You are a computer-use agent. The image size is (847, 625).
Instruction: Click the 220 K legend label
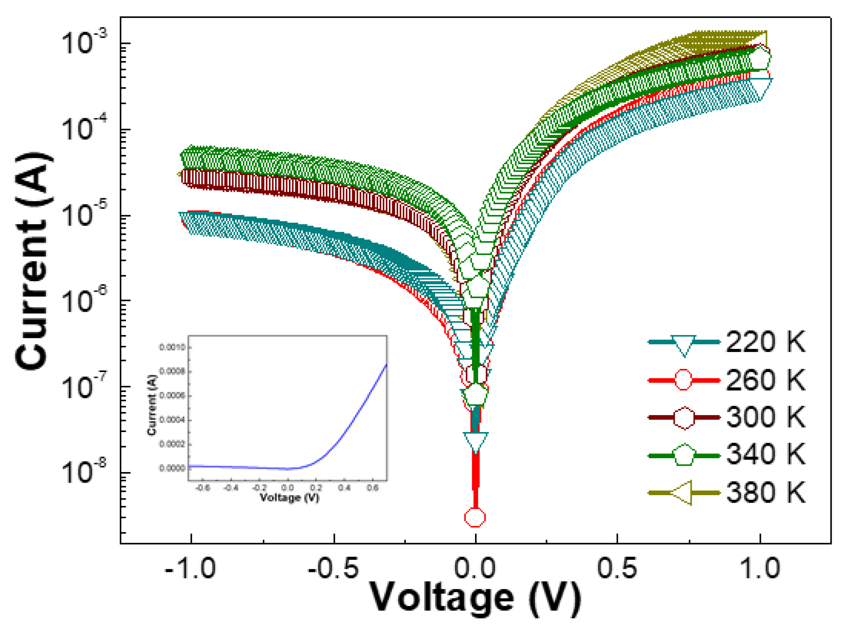click(x=765, y=342)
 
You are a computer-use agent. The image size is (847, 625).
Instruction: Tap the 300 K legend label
click(x=765, y=417)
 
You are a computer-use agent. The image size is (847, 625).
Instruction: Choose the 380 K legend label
click(x=765, y=492)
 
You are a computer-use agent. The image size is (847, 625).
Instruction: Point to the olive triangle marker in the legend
click(x=683, y=493)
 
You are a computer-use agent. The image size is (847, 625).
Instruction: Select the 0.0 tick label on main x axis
click(x=475, y=568)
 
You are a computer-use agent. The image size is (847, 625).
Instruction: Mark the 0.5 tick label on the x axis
click(x=617, y=568)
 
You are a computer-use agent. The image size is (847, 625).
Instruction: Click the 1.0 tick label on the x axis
click(x=759, y=568)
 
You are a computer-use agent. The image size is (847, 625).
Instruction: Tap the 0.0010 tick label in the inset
click(x=172, y=347)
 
